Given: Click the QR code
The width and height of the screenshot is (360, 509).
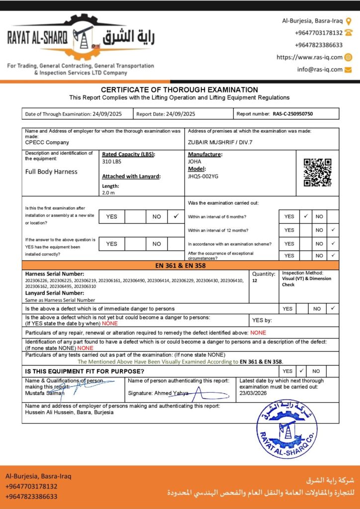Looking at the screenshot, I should coord(317,172).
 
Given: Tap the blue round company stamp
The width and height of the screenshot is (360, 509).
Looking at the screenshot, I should coord(287,429).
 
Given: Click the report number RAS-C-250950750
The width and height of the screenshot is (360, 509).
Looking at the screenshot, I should coord(293,114).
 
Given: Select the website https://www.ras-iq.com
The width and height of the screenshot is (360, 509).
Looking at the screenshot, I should coord(309,57).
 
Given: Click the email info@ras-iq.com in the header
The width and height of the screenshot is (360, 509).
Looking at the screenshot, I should coord(320,70).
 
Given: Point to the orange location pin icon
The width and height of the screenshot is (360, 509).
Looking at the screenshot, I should coord(349,21).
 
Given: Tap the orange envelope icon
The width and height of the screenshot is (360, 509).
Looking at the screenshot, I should coord(348,70).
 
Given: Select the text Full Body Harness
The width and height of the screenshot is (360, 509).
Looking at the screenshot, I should coord(51,171).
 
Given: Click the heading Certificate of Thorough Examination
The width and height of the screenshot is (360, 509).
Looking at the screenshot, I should coord(180,89).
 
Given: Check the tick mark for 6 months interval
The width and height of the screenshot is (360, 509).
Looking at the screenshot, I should coord(306,217).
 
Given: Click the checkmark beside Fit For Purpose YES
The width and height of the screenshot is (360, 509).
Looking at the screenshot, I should coord(301,371).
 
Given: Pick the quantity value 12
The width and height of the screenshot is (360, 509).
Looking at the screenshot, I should coord(255,281).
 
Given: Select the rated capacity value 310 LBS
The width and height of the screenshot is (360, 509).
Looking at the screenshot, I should coord(111,162).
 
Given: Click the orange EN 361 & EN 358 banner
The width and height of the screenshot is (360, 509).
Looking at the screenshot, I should coord(180,265).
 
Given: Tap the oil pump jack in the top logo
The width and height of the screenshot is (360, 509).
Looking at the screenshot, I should coord(82,36).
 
